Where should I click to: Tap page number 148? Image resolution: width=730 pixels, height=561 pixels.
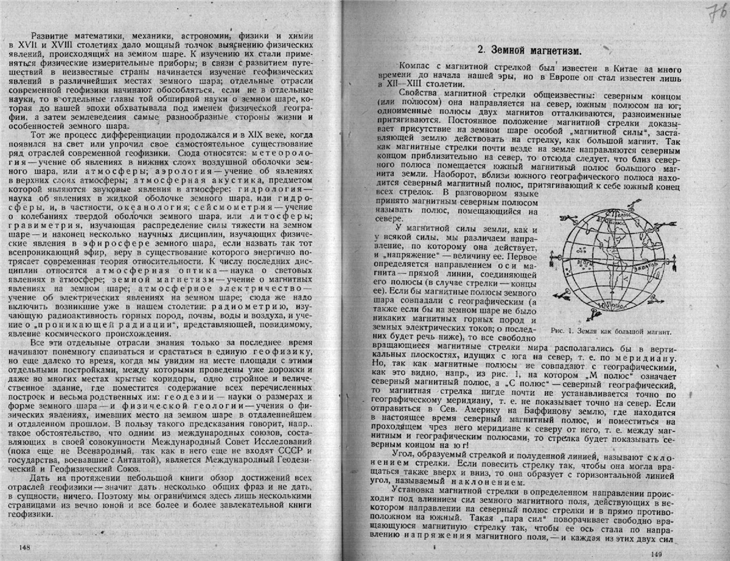coord(26,546)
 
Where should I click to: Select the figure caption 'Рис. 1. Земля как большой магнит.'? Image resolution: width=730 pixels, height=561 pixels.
coord(611,332)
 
